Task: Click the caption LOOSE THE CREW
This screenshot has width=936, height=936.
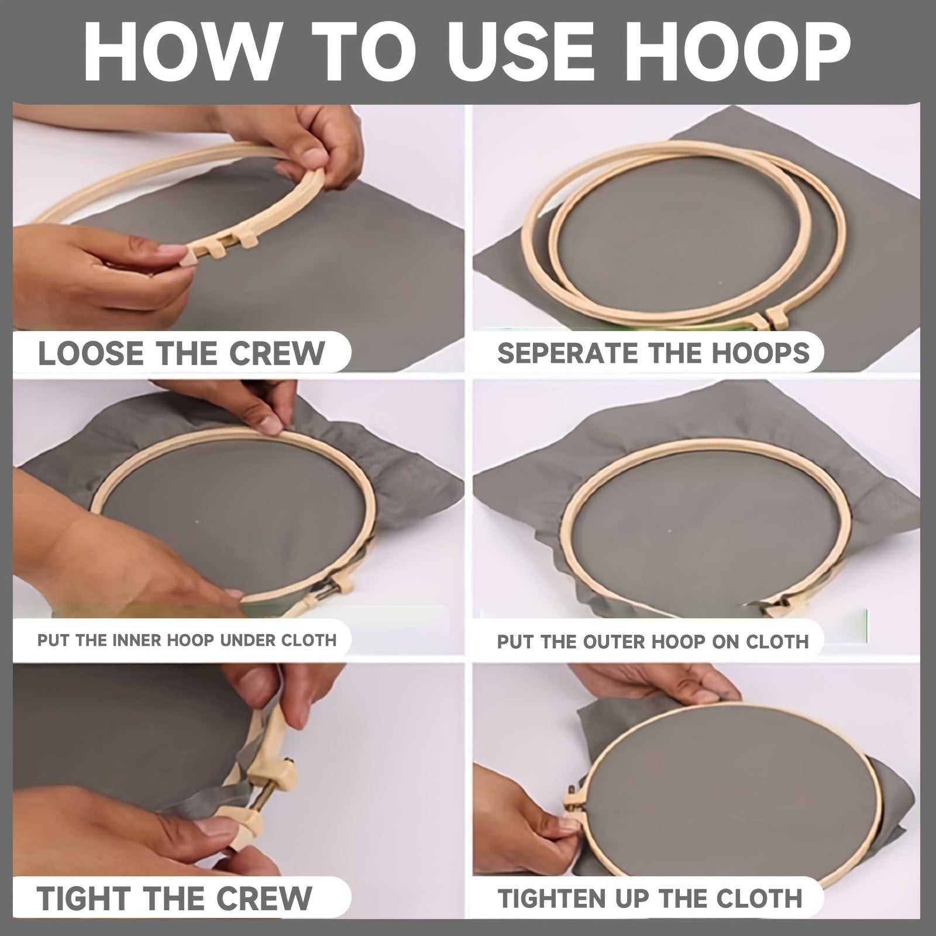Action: click(181, 353)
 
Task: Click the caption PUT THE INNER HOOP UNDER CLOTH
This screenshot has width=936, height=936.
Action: click(187, 640)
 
